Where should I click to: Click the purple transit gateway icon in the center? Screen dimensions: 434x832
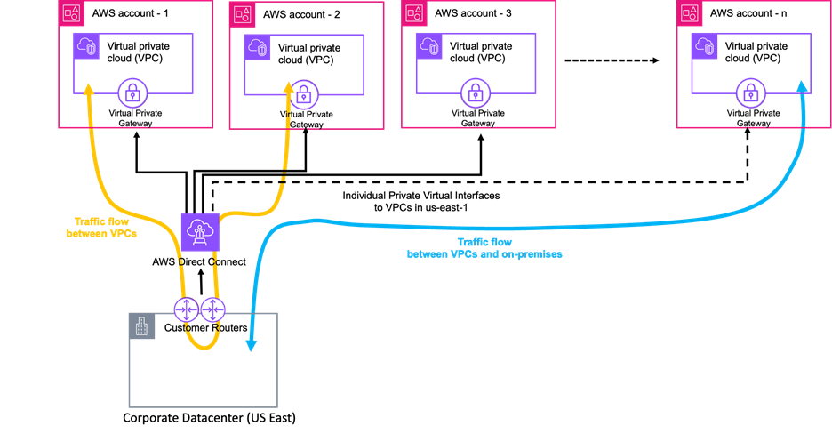click(x=200, y=232)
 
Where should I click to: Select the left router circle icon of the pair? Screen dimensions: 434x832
click(x=186, y=309)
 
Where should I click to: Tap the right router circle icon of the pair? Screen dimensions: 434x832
click(x=212, y=309)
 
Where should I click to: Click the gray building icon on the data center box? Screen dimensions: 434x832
click(x=142, y=326)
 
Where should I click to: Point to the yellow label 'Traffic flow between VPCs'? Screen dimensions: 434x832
click(x=101, y=228)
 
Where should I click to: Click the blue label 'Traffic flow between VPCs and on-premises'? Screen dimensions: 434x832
click(x=484, y=248)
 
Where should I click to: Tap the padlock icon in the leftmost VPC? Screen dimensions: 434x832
click(x=132, y=92)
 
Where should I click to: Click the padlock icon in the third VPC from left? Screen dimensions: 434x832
click(x=476, y=92)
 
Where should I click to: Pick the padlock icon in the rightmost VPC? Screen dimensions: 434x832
click(x=751, y=92)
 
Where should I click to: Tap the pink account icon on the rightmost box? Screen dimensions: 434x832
click(x=689, y=12)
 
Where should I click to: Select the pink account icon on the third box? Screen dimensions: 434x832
click(x=414, y=12)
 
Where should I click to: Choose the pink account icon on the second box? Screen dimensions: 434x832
click(x=242, y=12)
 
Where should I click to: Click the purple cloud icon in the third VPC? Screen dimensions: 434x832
click(x=429, y=46)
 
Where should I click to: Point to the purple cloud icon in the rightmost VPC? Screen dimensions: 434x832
click(x=705, y=46)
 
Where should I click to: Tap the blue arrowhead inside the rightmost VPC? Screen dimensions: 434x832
click(x=803, y=86)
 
